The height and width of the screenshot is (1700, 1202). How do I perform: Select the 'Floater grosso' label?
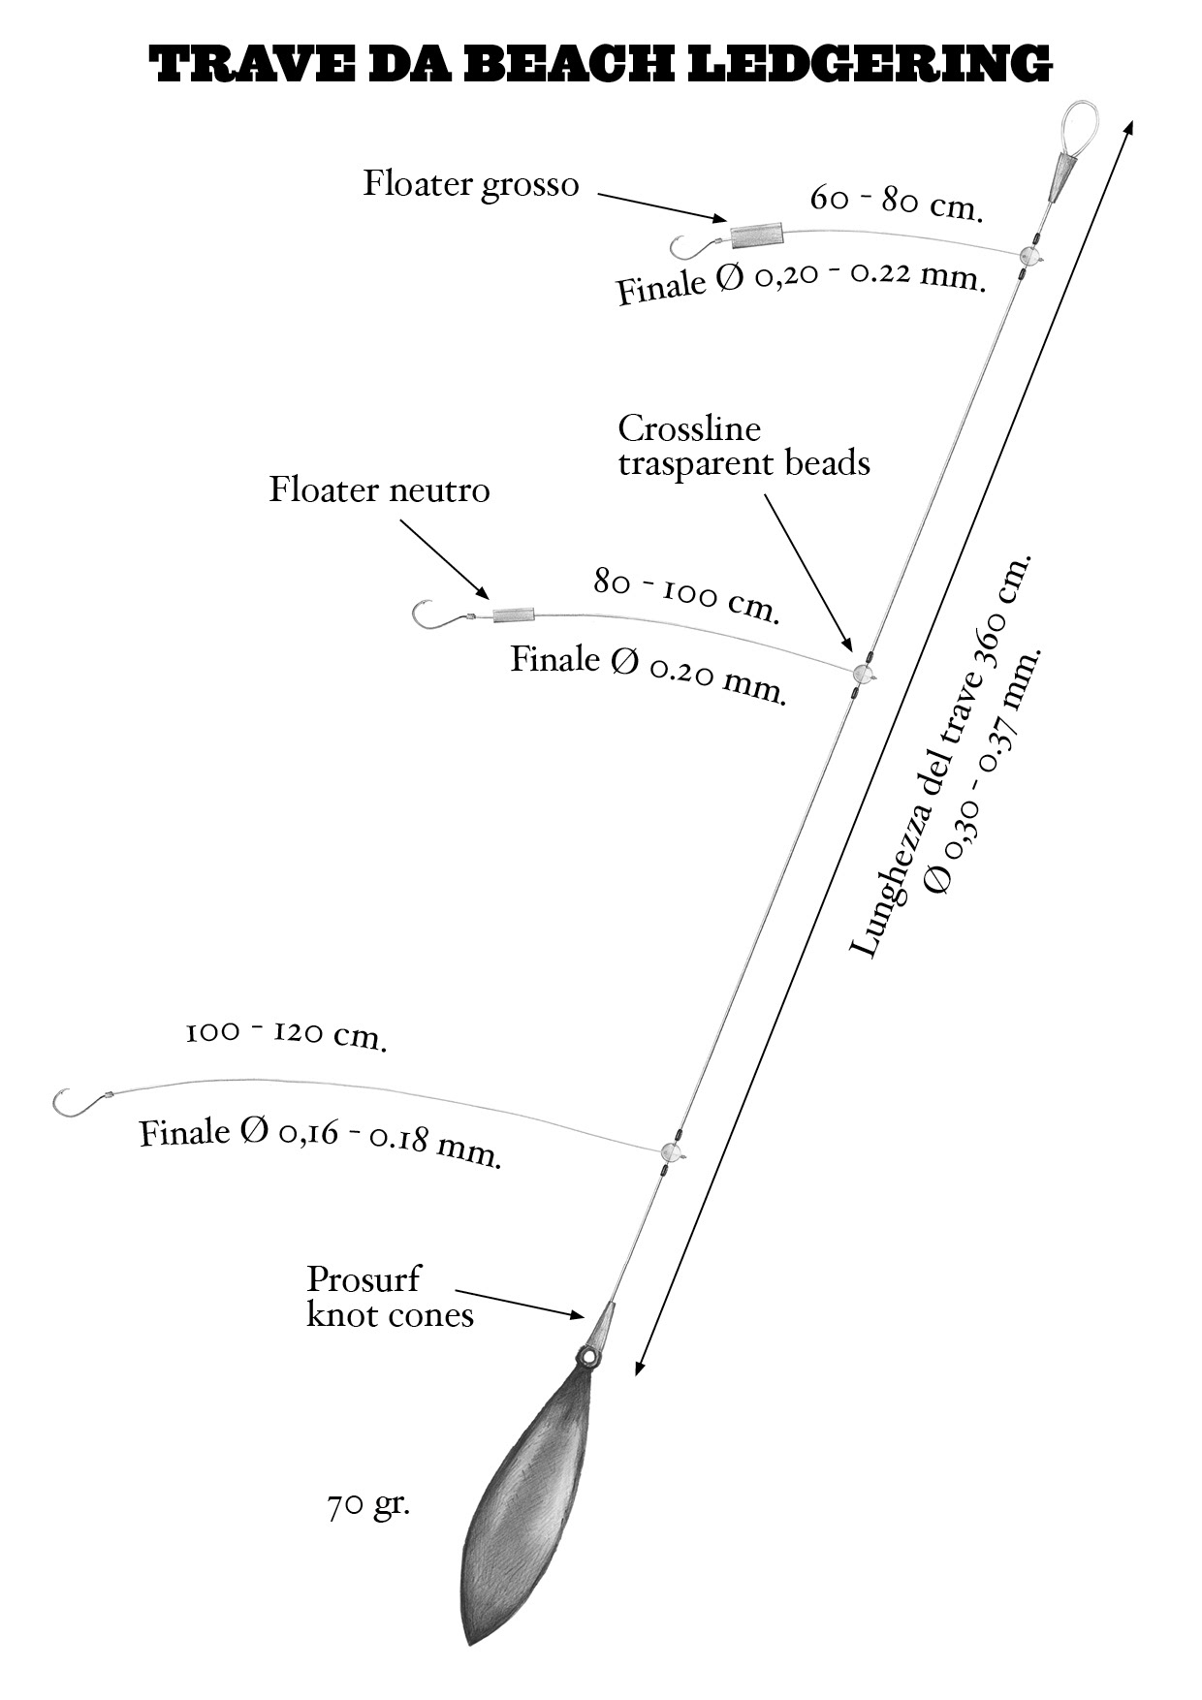point(471,184)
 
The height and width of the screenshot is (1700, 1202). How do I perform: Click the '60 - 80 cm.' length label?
point(897,203)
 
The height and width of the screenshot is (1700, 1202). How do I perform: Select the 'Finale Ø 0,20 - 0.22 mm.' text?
point(802,281)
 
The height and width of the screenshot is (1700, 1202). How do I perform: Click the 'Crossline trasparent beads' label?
point(743,446)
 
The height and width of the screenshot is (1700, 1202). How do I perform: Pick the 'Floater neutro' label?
point(379,489)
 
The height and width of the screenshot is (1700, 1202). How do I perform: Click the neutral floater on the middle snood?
point(513,614)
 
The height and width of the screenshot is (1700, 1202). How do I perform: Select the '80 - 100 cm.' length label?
point(686,594)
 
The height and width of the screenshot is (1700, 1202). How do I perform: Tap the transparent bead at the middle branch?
point(863,674)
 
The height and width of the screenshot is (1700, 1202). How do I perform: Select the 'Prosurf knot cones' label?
point(390,1297)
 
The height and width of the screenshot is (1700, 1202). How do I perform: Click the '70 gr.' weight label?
point(368,1505)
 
